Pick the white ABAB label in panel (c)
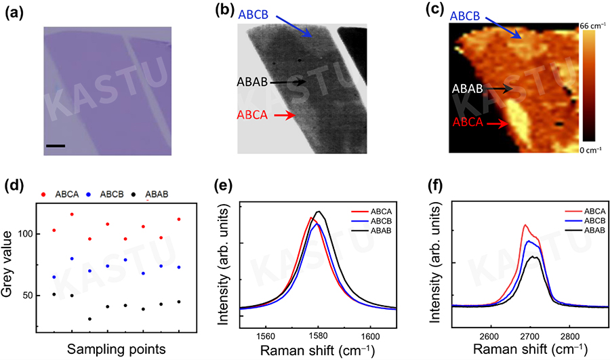point(466,88)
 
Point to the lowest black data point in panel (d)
point(89,319)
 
